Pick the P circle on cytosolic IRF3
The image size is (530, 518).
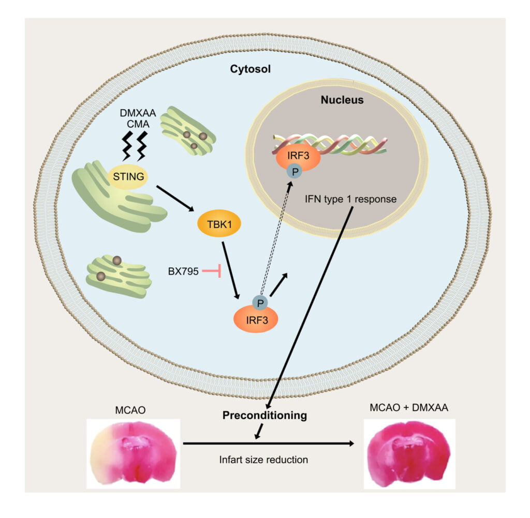[260, 302]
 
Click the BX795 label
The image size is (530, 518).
[183, 270]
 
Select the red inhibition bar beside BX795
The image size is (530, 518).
[213, 270]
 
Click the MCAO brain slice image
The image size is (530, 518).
[133, 453]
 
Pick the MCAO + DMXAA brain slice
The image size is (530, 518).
[409, 453]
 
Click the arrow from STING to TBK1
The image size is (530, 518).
[174, 197]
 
